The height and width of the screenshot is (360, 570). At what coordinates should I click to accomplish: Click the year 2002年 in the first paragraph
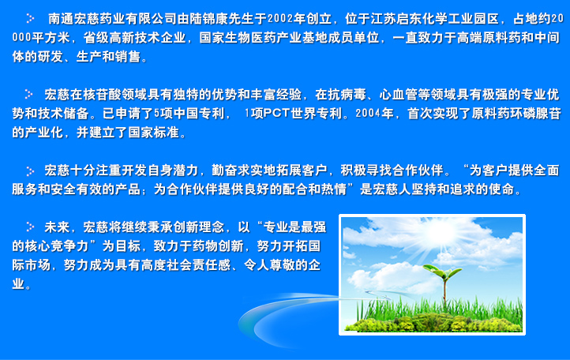[x=286, y=18]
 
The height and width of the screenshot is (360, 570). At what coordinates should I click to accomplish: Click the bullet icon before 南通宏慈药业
[x=30, y=18]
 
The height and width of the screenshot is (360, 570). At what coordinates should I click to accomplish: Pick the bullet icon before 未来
[x=30, y=227]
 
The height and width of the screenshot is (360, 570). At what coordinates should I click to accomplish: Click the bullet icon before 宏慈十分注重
[x=30, y=171]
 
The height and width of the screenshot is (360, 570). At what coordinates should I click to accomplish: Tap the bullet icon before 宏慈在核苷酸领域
[x=29, y=94]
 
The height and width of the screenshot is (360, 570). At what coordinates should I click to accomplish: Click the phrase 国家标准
[x=153, y=133]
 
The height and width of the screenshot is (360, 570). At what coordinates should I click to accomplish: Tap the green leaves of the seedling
[x=442, y=272]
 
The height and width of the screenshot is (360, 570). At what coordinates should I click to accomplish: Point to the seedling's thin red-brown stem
[x=444, y=291]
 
